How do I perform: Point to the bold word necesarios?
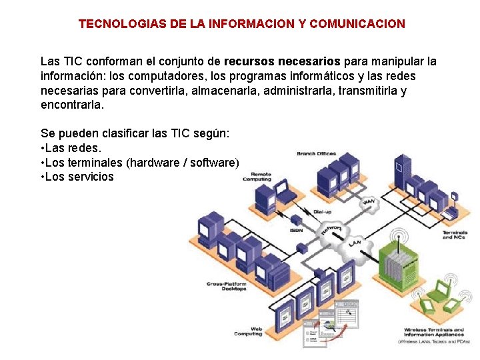click(308, 62)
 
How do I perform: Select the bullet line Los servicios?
click(77, 177)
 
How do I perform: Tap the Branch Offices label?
click(316, 154)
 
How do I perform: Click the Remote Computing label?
click(257, 177)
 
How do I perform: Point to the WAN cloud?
click(368, 201)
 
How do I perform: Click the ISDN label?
click(296, 230)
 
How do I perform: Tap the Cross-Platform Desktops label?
click(227, 286)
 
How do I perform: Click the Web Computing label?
click(248, 331)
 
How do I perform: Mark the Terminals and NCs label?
click(454, 235)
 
